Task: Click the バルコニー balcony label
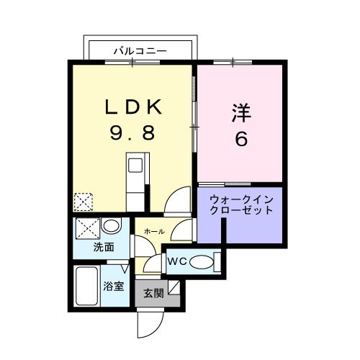tap(140, 51)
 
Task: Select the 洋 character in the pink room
tap(240, 113)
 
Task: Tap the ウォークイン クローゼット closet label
tap(241, 204)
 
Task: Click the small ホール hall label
tap(154, 231)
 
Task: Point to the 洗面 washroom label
tap(104, 247)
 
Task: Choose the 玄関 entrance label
tap(152, 293)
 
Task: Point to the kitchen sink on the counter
tap(135, 165)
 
